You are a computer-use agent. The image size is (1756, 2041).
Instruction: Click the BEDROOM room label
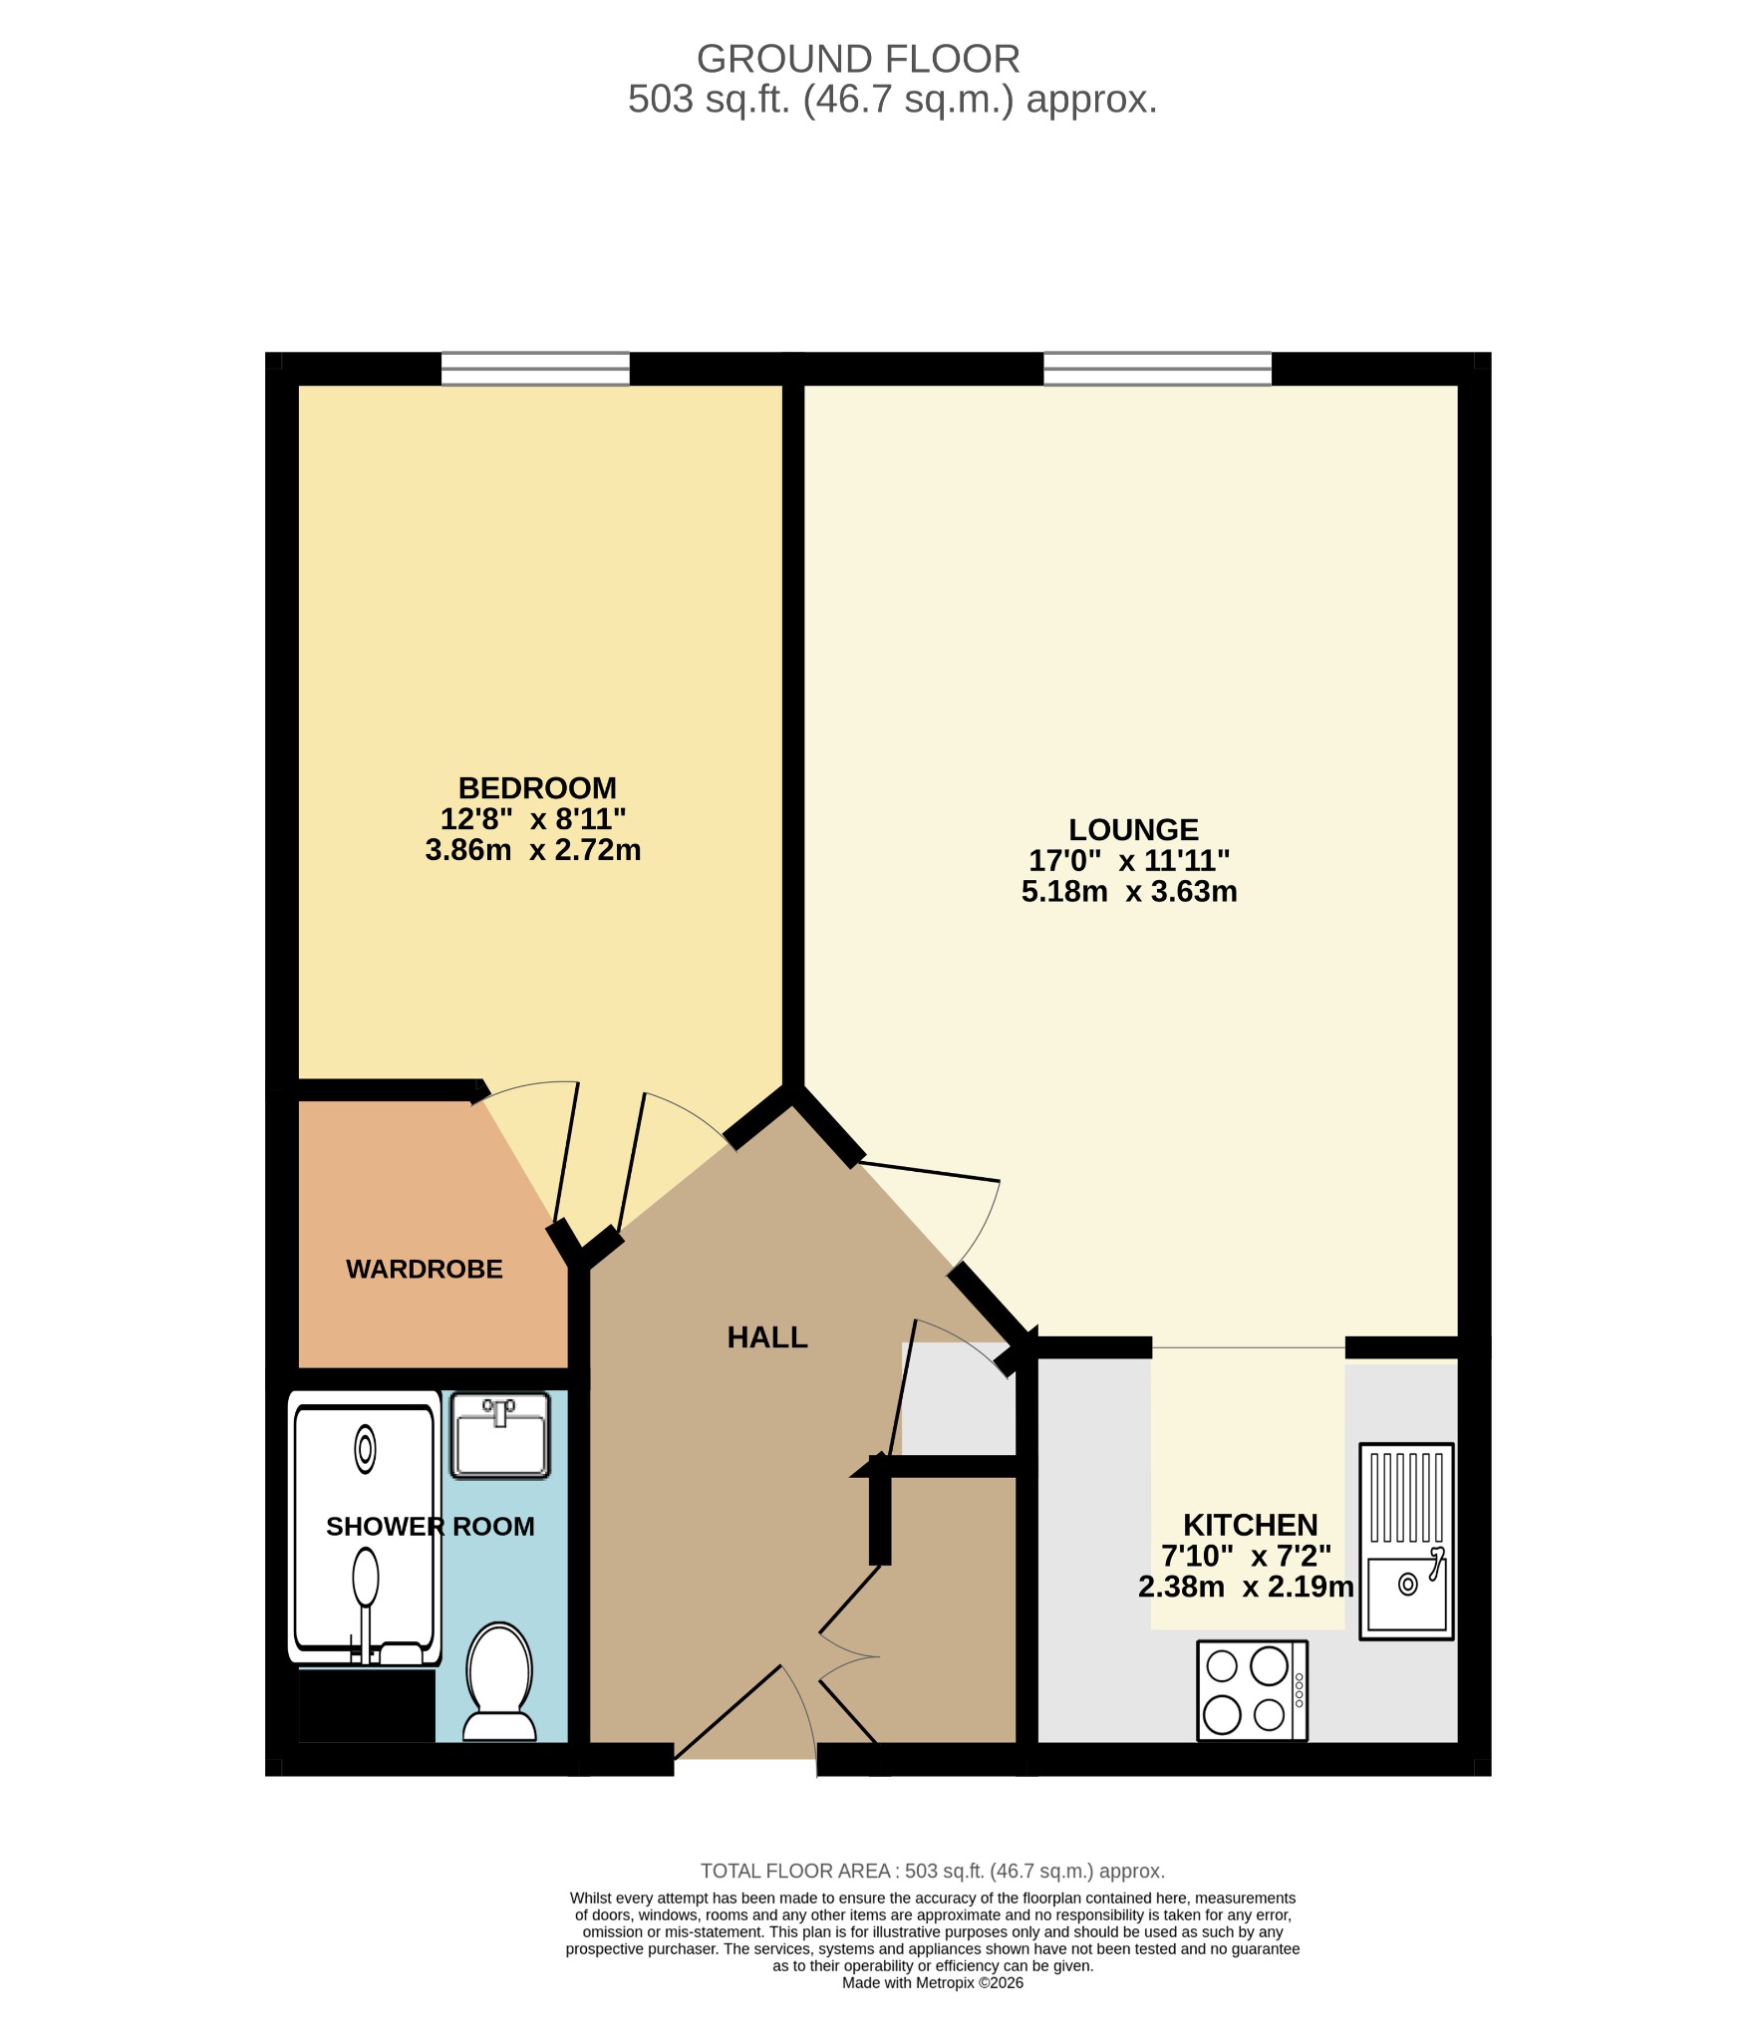537,788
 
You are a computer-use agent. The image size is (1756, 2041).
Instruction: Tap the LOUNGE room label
1133,829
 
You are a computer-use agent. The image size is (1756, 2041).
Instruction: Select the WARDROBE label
425,1269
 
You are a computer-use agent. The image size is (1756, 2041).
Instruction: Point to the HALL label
767,1337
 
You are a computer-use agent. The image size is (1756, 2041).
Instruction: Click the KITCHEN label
1250,1525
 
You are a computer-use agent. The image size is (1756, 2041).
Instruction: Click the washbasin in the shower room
500,1436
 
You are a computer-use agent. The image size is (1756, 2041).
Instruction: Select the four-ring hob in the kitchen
1252,1690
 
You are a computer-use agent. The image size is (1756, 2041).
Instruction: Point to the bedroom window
536,369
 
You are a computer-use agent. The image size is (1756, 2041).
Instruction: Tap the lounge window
1158,369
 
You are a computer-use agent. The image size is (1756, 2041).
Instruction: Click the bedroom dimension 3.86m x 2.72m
533,850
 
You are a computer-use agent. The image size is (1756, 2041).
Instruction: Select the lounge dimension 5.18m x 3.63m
1129,891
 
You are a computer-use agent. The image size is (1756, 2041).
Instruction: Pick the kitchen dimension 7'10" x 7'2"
1247,1556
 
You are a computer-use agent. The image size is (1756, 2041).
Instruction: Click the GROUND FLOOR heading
858,59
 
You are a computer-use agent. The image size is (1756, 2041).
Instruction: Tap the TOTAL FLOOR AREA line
933,1872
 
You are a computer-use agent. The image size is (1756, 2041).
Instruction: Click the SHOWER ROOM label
431,1526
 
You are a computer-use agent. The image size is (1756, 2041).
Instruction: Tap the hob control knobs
1299,1690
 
